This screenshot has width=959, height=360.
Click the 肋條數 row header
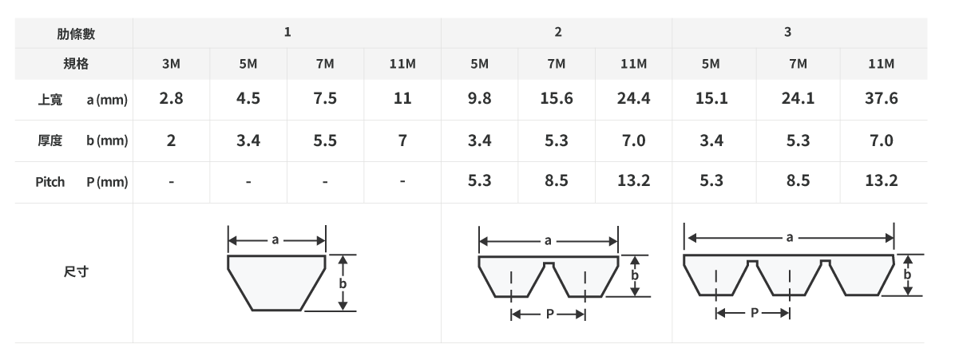(x=76, y=34)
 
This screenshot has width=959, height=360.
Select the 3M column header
(x=171, y=64)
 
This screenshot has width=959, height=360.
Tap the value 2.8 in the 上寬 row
(x=171, y=98)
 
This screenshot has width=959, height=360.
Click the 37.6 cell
(x=881, y=98)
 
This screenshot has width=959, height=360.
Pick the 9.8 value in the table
(x=479, y=98)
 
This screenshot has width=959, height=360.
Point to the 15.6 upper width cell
(x=556, y=98)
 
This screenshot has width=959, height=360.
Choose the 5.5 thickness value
(x=325, y=140)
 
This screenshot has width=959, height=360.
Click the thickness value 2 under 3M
(x=171, y=140)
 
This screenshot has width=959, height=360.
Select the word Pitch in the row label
(x=50, y=182)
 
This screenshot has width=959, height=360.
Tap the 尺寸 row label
(x=76, y=271)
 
